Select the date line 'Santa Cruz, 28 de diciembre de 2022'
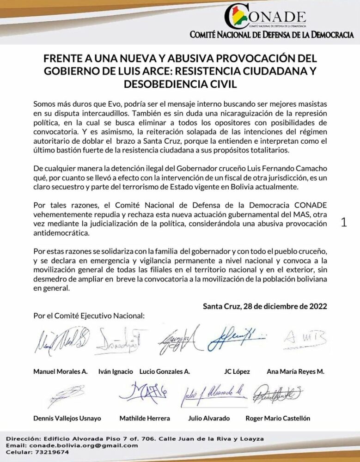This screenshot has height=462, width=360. (265, 306)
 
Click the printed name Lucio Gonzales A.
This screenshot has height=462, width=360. (165, 371)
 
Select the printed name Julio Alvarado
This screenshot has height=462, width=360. (209, 418)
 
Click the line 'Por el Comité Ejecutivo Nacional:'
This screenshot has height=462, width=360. (89, 316)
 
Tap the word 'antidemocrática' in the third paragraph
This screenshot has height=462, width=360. (61, 233)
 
